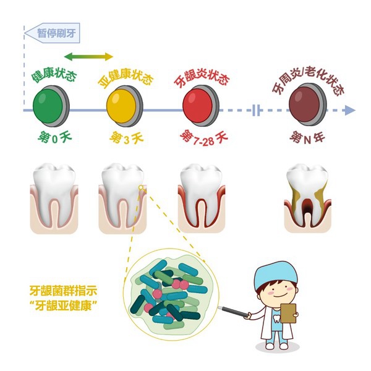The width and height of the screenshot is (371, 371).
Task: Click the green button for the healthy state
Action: coord(51,106)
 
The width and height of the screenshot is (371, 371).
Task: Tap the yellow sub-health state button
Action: coord(125,106)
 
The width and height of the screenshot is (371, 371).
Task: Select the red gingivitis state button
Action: coord(201,106)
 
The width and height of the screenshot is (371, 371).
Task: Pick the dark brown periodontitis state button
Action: coord(308,104)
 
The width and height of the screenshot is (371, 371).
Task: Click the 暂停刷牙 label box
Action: coord(52,33)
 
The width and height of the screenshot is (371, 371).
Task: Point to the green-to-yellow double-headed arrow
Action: coord(88,57)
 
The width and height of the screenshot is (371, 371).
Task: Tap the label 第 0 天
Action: coord(54,138)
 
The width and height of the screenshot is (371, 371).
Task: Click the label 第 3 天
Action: coord(127,138)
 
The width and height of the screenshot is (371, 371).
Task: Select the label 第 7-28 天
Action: coord(204,138)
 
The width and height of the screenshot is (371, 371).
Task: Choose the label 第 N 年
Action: coord(307,138)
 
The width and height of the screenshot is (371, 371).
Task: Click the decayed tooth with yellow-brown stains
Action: coord(307,198)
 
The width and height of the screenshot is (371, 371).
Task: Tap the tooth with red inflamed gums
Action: coord(202,198)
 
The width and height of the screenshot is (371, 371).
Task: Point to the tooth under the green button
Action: coord(54,198)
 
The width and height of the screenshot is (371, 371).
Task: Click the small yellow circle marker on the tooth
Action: coord(141,187)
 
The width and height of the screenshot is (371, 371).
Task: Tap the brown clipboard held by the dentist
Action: coord(288,313)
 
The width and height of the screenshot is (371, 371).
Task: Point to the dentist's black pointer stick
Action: coord(233,311)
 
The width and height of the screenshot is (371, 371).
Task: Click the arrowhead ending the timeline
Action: coord(350,110)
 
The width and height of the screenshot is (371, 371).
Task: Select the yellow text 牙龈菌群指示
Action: coord(64,291)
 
